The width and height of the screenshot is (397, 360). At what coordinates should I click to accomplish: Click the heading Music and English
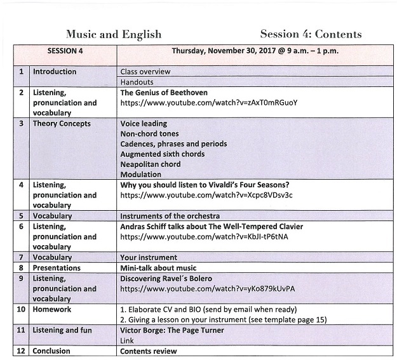click(x=114, y=34)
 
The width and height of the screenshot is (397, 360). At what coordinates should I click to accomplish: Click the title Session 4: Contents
click(x=311, y=34)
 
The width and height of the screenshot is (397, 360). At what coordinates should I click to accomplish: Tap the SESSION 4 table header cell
click(x=65, y=51)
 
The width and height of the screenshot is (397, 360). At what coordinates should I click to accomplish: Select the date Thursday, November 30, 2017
click(x=219, y=51)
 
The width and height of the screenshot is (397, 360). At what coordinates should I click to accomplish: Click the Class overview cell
click(x=145, y=72)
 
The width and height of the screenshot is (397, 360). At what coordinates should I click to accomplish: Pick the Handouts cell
click(x=137, y=82)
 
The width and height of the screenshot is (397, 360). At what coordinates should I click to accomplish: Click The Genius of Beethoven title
click(x=164, y=93)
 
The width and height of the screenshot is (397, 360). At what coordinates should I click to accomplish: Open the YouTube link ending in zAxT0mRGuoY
click(x=208, y=102)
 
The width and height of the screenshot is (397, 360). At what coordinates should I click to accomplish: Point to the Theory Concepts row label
click(x=62, y=124)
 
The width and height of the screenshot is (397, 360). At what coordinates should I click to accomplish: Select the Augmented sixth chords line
click(x=163, y=154)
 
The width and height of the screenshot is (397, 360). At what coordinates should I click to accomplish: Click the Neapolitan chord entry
click(x=151, y=164)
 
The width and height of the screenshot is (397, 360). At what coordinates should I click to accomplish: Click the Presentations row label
click(x=57, y=268)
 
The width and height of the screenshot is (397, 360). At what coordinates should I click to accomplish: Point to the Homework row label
click(x=52, y=310)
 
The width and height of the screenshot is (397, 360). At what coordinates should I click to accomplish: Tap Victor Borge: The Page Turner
click(x=172, y=331)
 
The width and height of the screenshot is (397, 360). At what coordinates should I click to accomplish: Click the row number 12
click(x=21, y=351)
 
